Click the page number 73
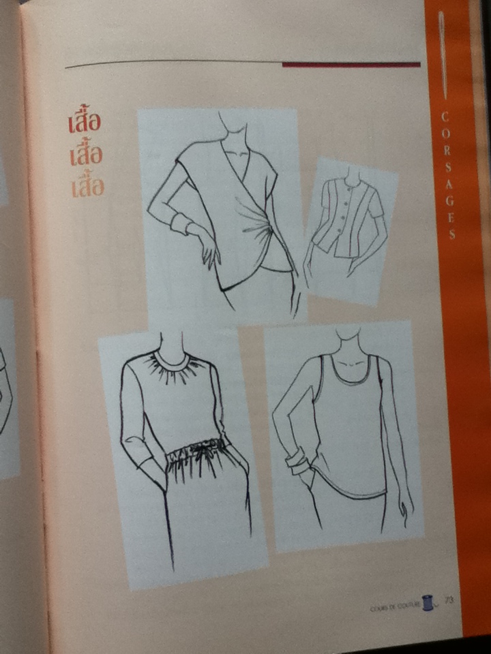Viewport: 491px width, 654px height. pos(449,599)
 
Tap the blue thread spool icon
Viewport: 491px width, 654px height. pos(428,602)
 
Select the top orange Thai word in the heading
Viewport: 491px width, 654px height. pos(85,123)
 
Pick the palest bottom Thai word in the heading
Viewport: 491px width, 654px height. pos(87,185)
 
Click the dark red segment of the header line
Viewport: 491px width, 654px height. pos(351,65)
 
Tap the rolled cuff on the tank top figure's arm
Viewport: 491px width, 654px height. pos(298,465)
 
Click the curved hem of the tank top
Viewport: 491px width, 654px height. pos(348,492)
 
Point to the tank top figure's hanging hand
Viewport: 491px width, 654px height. pos(406,508)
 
